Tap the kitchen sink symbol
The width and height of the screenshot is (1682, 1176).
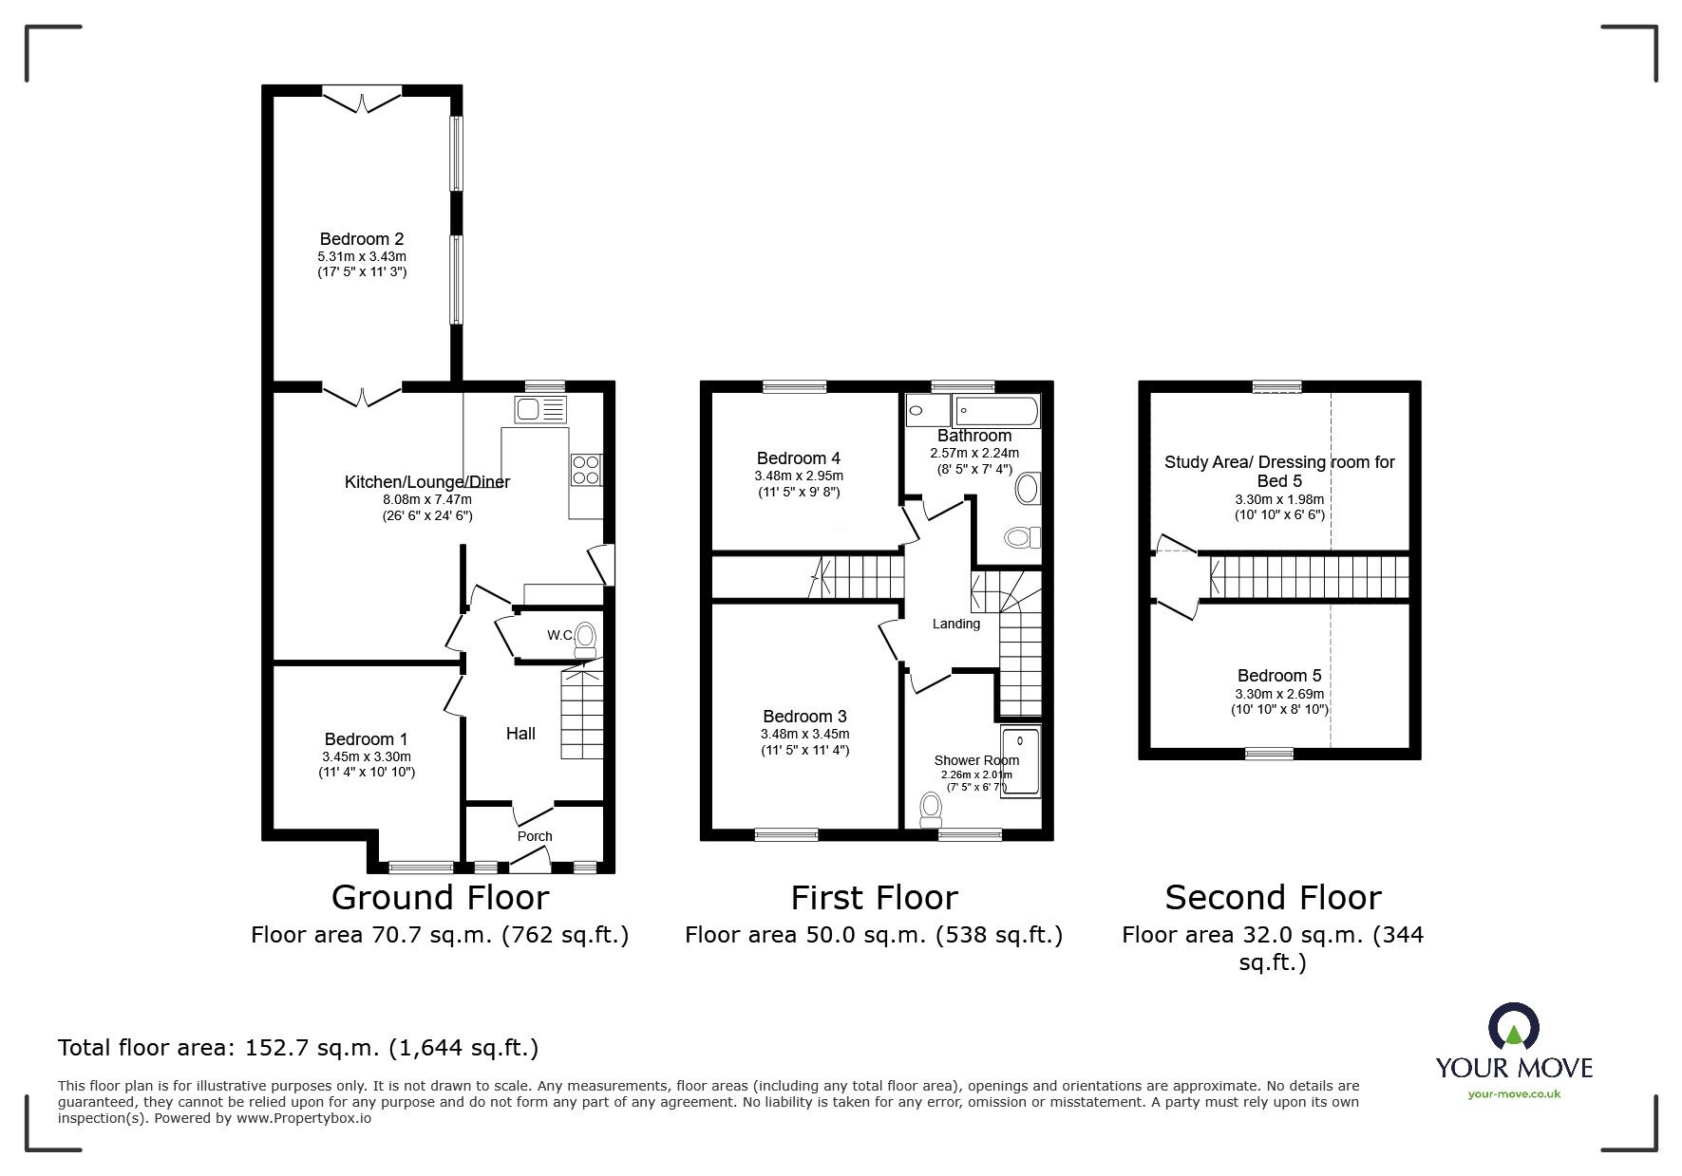540,410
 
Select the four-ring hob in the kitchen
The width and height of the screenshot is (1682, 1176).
586,470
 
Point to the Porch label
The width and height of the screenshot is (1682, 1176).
535,836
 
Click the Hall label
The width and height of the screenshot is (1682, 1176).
520,733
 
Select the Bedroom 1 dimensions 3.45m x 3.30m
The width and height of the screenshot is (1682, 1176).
367,756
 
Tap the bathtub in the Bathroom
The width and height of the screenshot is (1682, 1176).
996,412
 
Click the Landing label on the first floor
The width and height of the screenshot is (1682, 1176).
955,624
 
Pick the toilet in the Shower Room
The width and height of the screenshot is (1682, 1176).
931,808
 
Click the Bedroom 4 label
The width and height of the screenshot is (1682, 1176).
799,458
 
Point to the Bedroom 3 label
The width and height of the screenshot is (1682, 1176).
804,717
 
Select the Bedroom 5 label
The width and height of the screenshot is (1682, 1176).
1279,676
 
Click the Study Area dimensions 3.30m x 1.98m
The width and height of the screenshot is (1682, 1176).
1279,499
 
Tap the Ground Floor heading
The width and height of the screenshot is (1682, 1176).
440,897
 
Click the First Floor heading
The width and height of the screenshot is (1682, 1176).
874,897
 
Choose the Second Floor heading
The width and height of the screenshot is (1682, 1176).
1273,897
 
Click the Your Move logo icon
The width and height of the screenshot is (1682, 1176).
1514,1028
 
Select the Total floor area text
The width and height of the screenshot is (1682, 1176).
298,1048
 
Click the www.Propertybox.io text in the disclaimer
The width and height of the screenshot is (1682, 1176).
303,1118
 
